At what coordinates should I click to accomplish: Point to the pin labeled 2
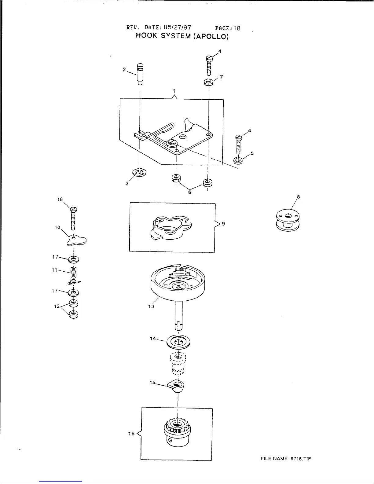point(140,73)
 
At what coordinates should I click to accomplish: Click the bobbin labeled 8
point(287,220)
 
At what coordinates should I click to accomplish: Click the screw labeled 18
point(73,218)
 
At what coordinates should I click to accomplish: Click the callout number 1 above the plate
point(173,91)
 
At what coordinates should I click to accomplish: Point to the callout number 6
point(189,192)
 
